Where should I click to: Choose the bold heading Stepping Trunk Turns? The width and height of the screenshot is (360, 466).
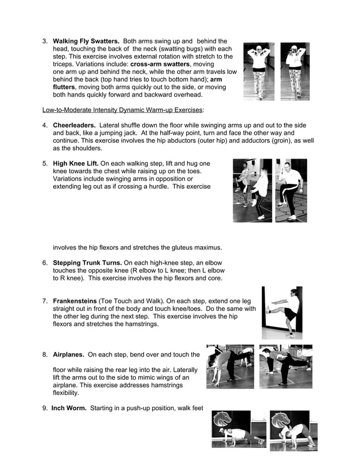tap(87, 263)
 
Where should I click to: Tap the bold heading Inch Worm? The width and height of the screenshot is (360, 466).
tap(69, 408)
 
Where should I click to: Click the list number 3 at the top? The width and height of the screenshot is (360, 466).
tap(45, 41)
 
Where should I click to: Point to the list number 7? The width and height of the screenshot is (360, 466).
tap(45, 301)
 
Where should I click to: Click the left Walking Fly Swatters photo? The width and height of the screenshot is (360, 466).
tap(259, 72)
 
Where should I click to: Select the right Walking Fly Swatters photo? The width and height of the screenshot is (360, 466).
tap(295, 72)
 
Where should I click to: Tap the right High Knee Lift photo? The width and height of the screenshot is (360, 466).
tap(291, 190)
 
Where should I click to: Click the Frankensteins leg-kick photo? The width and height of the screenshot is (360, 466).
tap(282, 313)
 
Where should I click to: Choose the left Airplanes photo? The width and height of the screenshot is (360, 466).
tap(230, 367)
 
